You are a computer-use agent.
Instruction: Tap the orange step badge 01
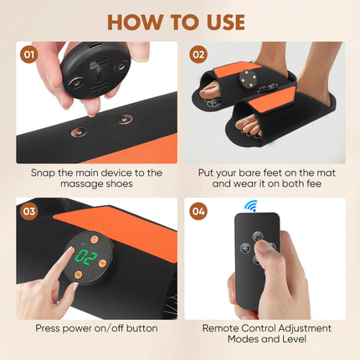pos(29,57)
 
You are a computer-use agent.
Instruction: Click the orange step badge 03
pos(29,211)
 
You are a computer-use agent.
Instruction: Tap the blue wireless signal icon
pos(249,206)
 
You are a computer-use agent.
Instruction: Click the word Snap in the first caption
pos(44,172)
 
